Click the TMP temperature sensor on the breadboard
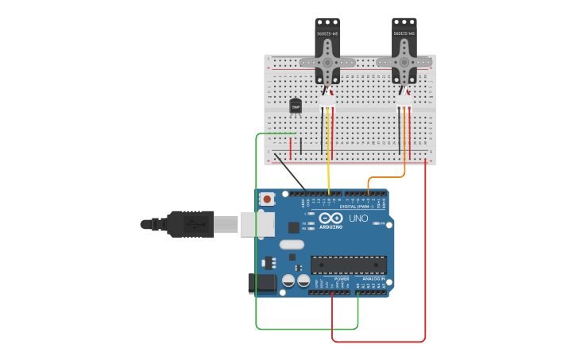click(x=296, y=106)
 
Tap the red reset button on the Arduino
click(x=268, y=199)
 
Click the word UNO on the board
click(x=358, y=218)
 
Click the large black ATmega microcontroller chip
click(x=349, y=265)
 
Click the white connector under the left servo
click(x=327, y=102)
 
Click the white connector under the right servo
click(x=404, y=102)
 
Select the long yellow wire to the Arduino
click(x=328, y=159)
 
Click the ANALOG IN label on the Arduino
click(x=373, y=279)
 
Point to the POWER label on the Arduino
click(x=342, y=279)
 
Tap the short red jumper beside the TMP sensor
click(x=291, y=148)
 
